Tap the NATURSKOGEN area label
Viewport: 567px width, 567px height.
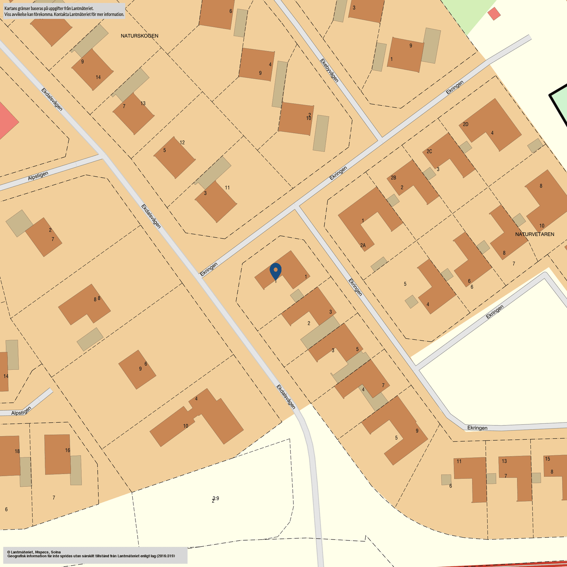click(140, 36)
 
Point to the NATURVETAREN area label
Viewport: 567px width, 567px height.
click(535, 234)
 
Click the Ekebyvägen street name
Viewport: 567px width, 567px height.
click(329, 70)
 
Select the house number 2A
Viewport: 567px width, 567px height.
click(363, 245)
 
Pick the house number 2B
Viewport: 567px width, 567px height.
click(393, 178)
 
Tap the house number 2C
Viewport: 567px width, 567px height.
click(429, 151)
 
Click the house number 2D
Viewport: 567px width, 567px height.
click(466, 124)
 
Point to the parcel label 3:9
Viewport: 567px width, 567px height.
click(216, 498)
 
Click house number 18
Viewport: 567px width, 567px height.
click(17, 451)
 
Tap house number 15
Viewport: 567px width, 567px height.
click(547, 459)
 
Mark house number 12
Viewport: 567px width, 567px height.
click(182, 142)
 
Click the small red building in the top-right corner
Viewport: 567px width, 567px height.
click(494, 14)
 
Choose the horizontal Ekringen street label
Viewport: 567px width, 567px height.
click(477, 428)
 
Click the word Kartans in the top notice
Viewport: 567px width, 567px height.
click(11, 8)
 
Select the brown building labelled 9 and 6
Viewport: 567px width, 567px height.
click(137, 369)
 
